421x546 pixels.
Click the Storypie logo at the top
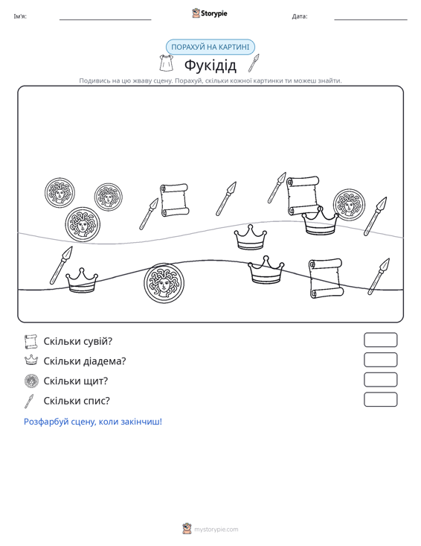coord(210,13)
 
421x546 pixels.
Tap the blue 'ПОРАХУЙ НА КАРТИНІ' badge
coord(210,47)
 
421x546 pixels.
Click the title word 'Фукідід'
coord(210,65)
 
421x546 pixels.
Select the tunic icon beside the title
coord(166,63)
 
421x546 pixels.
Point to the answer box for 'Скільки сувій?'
coord(380,340)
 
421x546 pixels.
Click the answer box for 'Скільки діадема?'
coord(380,360)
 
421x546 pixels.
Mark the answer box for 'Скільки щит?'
coord(380,380)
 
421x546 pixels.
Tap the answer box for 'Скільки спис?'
coord(380,399)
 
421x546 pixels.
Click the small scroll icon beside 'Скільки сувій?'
coord(31,342)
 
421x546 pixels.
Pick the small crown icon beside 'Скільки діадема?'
coord(31,360)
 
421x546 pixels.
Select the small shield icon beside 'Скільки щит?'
coord(31,381)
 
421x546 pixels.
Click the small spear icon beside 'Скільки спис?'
coord(29,401)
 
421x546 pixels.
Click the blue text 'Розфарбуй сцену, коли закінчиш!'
coord(93,422)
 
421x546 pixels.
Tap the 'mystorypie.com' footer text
coord(216,530)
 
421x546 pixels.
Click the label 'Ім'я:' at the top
coord(20,16)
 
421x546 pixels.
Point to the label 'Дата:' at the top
coord(300,16)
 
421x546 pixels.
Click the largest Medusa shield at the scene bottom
coord(164,283)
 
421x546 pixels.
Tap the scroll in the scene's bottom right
coord(326,279)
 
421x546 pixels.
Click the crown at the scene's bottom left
coord(82,280)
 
